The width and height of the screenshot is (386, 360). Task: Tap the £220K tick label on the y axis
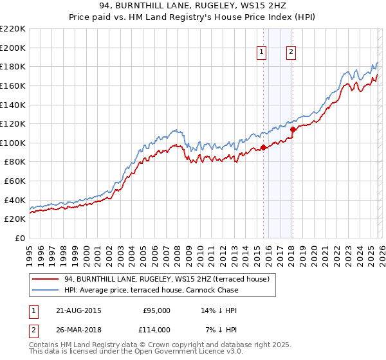point(13,29)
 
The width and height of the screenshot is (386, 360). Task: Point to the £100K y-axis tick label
point(13,143)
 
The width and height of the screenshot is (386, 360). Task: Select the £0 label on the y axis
point(20,238)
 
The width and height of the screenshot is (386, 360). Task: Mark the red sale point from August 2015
point(264,148)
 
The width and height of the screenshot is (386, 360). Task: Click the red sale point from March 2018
point(293,129)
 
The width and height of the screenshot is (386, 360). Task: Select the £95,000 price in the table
point(156,310)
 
